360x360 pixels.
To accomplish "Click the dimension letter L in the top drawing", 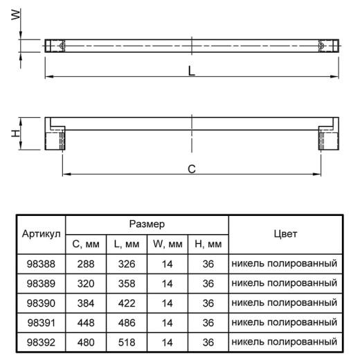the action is pos(192,71).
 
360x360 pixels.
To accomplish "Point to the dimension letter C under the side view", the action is pos(192,169).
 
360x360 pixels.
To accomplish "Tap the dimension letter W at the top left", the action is pos(16,15).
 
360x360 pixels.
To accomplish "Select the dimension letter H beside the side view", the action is pos(16,133).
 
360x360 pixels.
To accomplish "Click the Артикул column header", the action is pos(42,234).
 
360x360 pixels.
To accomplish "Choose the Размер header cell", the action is pos(147,224).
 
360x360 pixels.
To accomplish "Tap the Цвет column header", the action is pos(285,234).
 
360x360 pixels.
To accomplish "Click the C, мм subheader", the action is pos(86,244).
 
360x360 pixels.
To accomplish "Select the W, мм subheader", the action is pos(168,244).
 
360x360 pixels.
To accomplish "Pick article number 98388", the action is pos(41,264).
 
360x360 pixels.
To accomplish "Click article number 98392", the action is pos(41,342).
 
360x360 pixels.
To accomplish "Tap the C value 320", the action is pos(86,283).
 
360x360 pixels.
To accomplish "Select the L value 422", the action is pos(127,303).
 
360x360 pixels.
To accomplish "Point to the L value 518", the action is pos(127,342).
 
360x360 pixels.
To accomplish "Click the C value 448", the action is pos(86,323).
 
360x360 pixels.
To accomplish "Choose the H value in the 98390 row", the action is pos(208,303).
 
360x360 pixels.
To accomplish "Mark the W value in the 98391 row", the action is pos(168,323).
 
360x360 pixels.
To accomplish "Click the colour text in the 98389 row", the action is pos(285,283).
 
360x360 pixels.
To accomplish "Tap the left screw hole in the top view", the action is pos(62,46).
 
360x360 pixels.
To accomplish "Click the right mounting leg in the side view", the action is pos(329,138).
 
